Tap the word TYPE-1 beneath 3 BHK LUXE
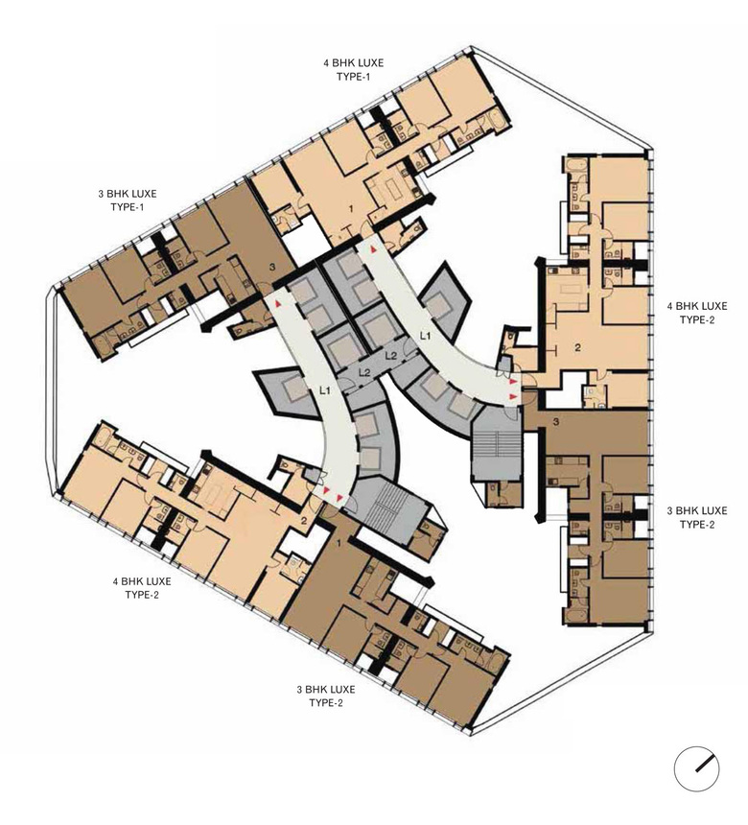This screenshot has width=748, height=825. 128,207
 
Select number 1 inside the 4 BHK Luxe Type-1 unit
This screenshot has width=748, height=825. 351,209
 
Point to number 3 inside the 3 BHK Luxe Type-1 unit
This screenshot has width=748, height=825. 272,268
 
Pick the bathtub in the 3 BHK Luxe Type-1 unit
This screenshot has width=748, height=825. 102,345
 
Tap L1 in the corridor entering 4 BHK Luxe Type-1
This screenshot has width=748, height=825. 425,335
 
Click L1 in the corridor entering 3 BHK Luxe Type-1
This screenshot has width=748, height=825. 326,389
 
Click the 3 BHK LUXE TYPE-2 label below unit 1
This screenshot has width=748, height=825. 326,696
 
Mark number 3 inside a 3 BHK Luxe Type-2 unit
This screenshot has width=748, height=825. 556,421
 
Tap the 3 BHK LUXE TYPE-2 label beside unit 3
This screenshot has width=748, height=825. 697,517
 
